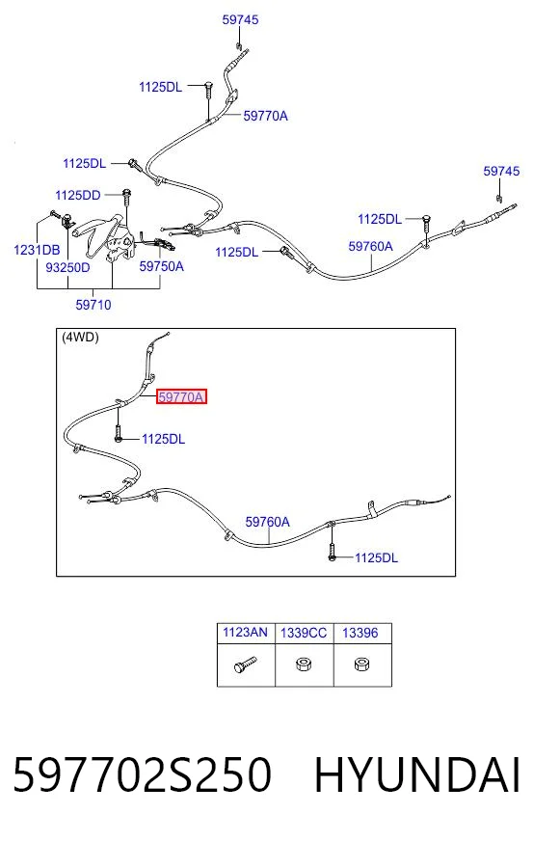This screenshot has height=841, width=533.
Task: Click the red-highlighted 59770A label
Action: pos(181,397)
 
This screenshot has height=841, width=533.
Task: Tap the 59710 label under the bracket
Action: pos(93,305)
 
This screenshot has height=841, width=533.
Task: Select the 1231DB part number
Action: pos(37,250)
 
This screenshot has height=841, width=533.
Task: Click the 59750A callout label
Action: pos(161,266)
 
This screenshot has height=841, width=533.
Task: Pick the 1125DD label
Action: pos(78,195)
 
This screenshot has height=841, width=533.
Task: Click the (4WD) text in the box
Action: pos(80,338)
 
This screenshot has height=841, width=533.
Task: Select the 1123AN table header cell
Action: pos(245,633)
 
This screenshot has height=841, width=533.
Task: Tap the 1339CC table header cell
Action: pos(304,633)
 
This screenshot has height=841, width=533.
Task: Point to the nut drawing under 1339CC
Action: pos(304,665)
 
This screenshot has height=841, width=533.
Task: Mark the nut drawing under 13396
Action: pos(360,665)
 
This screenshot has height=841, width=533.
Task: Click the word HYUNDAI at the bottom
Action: pos(417,774)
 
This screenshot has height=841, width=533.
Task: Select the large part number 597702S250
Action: pos(142,774)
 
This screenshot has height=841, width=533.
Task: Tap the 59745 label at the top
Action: pos(240,20)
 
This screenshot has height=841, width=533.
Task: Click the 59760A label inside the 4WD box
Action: pos(268,522)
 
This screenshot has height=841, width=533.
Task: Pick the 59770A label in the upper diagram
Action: pos(265,116)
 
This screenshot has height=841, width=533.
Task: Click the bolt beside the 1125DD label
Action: pos(127,197)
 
